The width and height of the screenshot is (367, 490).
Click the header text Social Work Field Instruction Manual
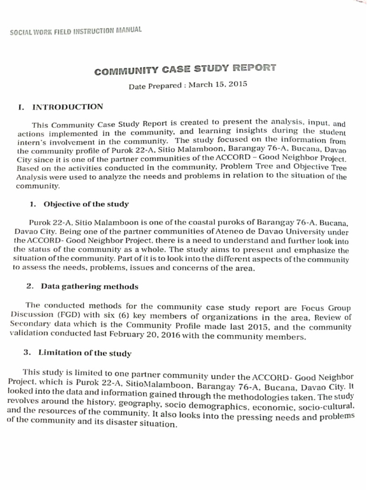point(76,33)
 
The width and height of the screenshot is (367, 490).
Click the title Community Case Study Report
point(185,70)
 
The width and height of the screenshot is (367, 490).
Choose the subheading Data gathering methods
point(90,287)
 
